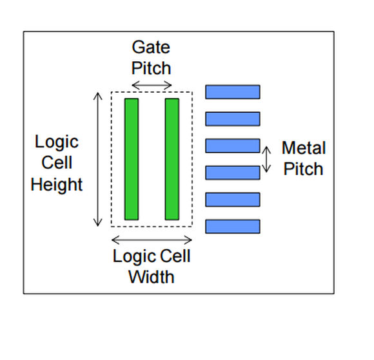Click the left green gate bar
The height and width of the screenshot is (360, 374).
132,159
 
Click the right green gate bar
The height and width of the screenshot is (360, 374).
172,159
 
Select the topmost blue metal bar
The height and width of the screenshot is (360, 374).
233,92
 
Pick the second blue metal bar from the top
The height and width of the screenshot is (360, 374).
233,119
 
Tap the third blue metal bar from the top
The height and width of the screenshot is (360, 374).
233,146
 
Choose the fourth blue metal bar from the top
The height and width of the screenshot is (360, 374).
233,173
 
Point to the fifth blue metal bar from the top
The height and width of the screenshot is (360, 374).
233,200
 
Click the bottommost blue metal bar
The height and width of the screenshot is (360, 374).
233,226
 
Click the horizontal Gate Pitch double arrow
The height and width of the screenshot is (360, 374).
152,85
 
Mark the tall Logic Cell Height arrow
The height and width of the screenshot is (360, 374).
98,159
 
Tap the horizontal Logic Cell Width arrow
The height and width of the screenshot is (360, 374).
152,240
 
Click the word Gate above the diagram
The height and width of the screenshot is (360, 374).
152,47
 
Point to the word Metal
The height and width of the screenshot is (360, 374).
304,148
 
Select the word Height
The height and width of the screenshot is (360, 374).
57,185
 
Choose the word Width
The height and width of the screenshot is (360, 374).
152,278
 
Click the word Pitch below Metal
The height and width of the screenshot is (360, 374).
304,169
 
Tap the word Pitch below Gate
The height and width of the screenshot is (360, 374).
152,67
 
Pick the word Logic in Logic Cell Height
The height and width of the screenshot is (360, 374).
57,142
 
